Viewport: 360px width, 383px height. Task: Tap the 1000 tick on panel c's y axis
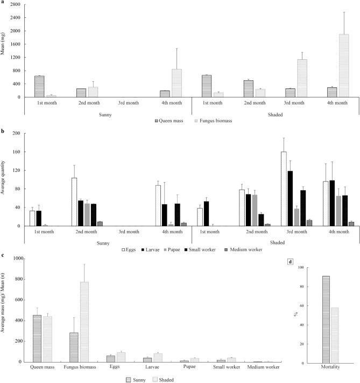coord(16,259)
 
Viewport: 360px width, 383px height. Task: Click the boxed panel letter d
coord(291,262)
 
